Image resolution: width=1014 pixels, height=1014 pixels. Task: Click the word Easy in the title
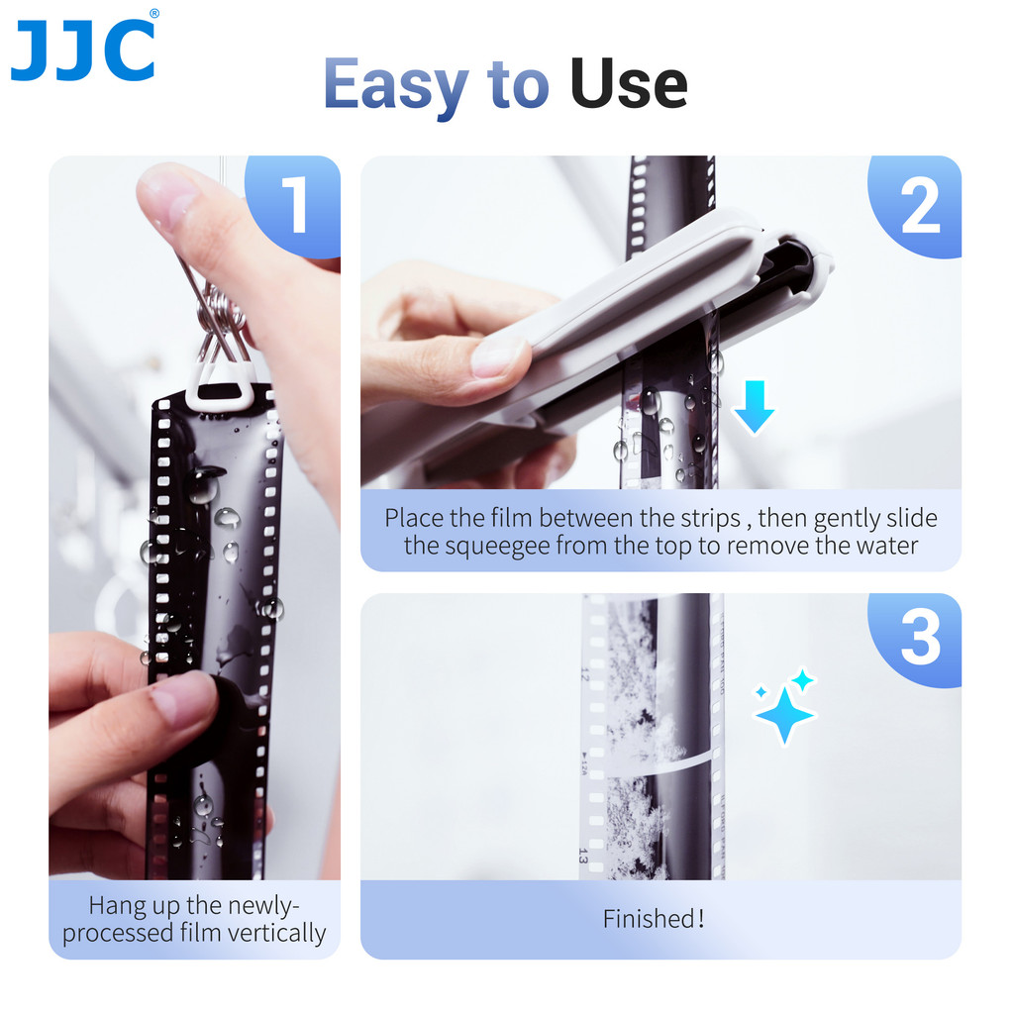(396, 85)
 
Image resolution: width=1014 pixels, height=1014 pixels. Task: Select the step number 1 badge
(295, 205)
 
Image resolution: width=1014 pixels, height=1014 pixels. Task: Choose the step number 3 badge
(920, 639)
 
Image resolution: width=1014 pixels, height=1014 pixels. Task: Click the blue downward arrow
(755, 407)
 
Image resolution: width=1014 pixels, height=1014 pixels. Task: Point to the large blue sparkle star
(784, 714)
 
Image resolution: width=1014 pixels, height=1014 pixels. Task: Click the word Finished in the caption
(649, 919)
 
